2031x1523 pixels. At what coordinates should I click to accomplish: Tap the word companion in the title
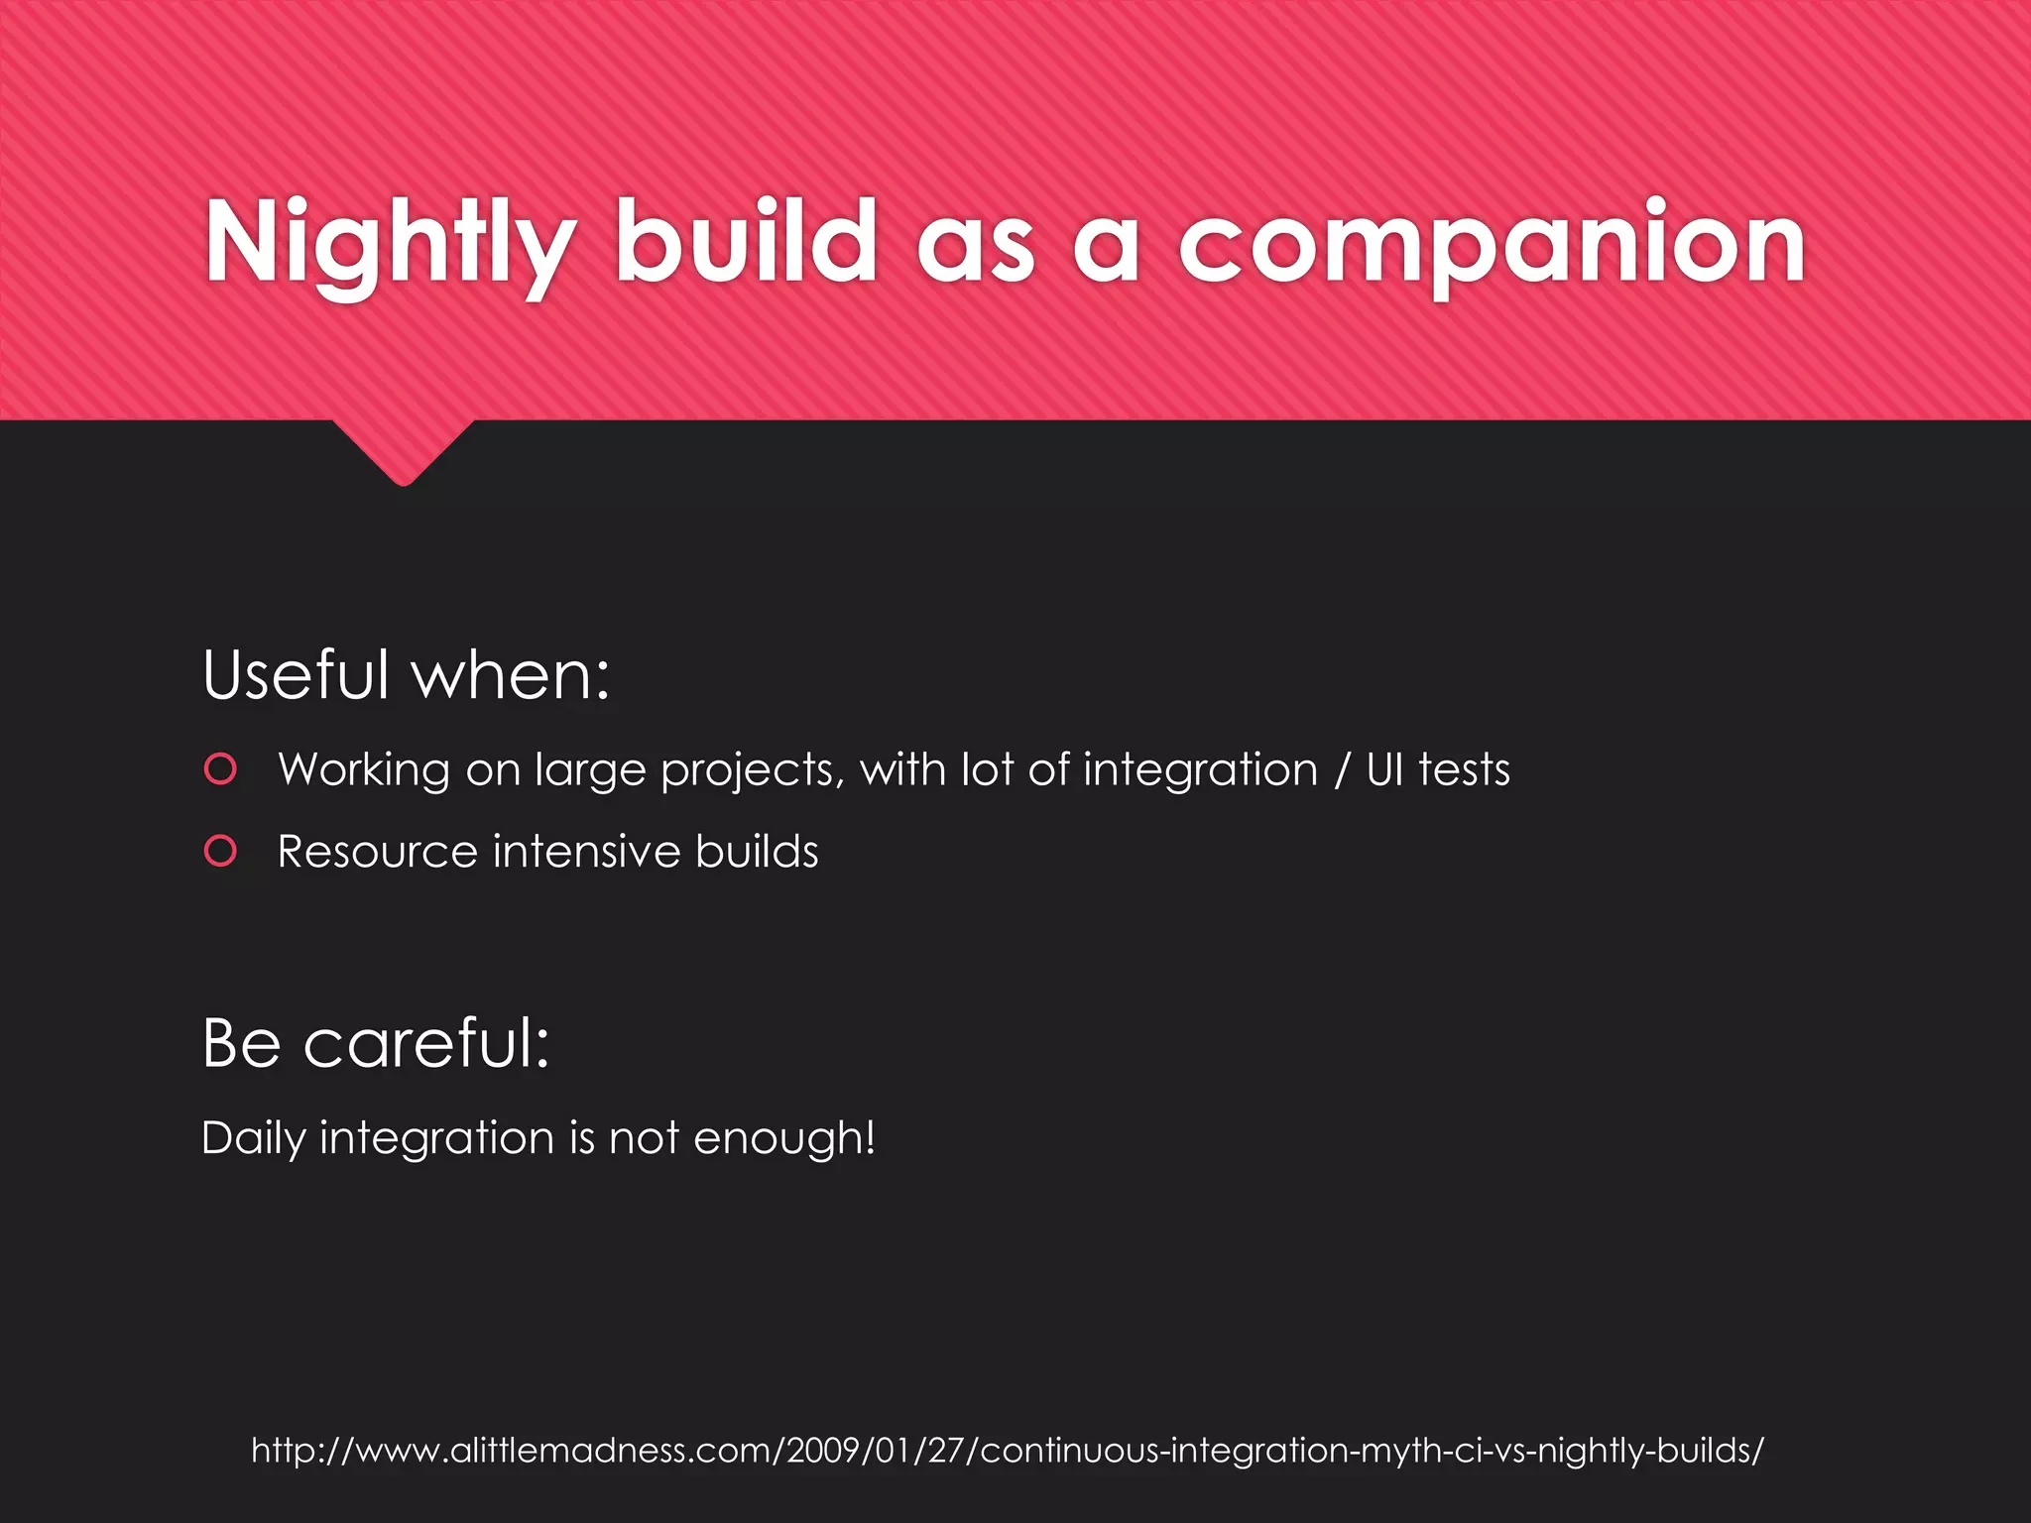click(x=1492, y=244)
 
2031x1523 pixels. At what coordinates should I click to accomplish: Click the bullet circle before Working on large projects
click(x=220, y=769)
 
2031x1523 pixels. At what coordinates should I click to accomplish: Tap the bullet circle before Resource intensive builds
click(x=220, y=851)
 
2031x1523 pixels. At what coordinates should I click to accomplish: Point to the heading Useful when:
click(x=406, y=675)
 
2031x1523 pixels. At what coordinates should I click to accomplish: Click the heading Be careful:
click(x=375, y=1043)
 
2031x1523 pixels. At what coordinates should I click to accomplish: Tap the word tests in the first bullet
click(x=1464, y=769)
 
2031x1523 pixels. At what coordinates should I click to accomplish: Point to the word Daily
click(x=253, y=1138)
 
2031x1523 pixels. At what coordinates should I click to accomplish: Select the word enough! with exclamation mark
click(x=783, y=1138)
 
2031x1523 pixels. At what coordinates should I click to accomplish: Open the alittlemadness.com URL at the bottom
click(x=1008, y=1451)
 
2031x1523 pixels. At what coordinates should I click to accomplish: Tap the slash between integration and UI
click(x=1342, y=770)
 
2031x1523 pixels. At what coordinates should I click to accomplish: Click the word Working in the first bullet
click(x=363, y=770)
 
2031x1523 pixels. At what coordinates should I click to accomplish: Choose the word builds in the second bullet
click(x=757, y=852)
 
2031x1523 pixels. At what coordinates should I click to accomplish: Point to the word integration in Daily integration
click(x=436, y=1138)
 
